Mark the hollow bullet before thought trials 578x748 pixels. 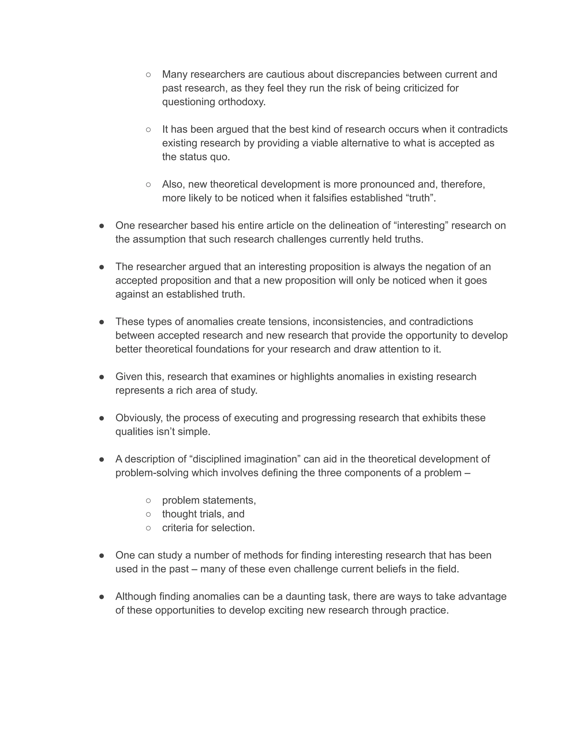coord(148,514)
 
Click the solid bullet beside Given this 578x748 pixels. coord(102,377)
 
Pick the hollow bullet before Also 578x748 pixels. coord(148,184)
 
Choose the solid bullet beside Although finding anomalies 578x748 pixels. coord(102,597)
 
